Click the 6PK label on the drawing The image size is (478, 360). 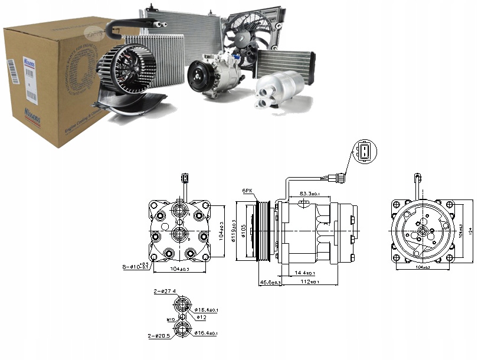pos(247,191)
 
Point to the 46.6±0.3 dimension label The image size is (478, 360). pos(269,283)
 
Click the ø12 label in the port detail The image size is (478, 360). pos(202,318)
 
